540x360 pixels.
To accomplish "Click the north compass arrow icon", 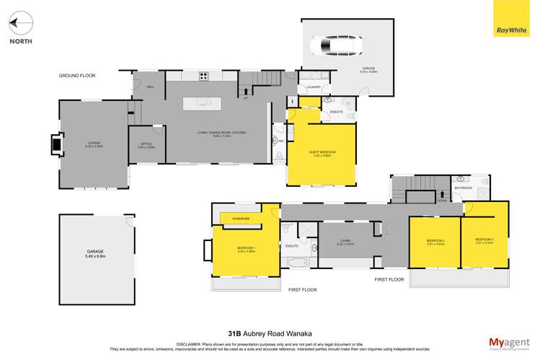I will click(x=21, y=24).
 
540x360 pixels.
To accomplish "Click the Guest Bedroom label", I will click(x=322, y=153).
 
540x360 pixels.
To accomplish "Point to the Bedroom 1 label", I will click(x=246, y=249).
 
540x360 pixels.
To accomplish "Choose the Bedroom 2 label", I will click(x=435, y=241).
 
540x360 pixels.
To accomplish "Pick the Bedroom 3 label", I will click(x=484, y=240).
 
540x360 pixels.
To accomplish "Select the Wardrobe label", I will click(x=240, y=217).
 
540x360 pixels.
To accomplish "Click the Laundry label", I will click(x=314, y=87).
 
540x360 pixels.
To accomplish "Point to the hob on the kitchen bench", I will click(x=204, y=75).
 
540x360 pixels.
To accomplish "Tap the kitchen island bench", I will click(x=204, y=103).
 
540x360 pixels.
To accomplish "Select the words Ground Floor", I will click(x=77, y=75).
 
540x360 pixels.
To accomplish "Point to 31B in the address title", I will click(x=234, y=334).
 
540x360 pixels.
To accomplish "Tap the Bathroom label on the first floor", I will click(x=463, y=188).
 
